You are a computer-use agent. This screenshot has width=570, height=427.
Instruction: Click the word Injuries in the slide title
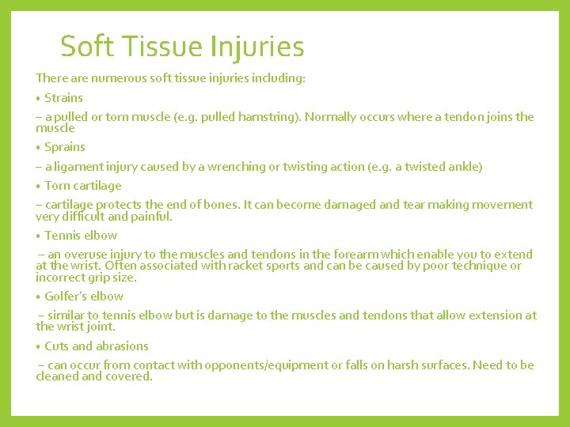(x=257, y=47)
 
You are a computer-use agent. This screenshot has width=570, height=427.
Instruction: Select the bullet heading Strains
(x=63, y=98)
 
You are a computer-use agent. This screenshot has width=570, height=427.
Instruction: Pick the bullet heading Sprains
(x=65, y=147)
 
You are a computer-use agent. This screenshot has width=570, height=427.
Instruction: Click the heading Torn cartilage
(x=83, y=186)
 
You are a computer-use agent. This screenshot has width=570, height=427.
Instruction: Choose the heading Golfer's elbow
(x=84, y=297)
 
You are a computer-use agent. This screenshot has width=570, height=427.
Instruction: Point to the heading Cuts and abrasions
(x=97, y=346)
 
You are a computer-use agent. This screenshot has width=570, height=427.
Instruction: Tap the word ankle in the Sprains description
(x=462, y=167)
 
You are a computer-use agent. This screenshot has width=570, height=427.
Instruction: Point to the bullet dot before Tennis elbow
(x=38, y=236)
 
